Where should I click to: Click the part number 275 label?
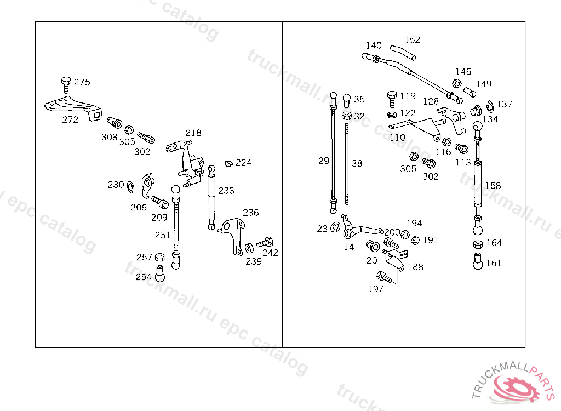pos(82,82)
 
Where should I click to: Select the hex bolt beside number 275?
pos(66,85)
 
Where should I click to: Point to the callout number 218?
pos(193,133)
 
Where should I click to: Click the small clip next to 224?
pos(228,164)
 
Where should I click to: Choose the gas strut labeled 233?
pos(211,197)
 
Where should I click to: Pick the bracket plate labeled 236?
pos(233,235)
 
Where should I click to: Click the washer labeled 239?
pos(249,248)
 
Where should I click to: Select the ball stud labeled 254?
pos(160,273)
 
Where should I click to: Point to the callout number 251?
pos(162,235)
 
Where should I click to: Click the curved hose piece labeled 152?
pos(403,52)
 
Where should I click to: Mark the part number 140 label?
pos(374,45)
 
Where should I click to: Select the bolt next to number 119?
pos(392,99)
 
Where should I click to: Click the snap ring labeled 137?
pos(490,107)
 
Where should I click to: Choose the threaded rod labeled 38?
pos(347,164)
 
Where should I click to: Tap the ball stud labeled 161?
pos(478,261)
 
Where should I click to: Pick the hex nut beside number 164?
pos(478,244)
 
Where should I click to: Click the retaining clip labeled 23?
pos(335,227)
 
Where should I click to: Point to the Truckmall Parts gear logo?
pos(514,387)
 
